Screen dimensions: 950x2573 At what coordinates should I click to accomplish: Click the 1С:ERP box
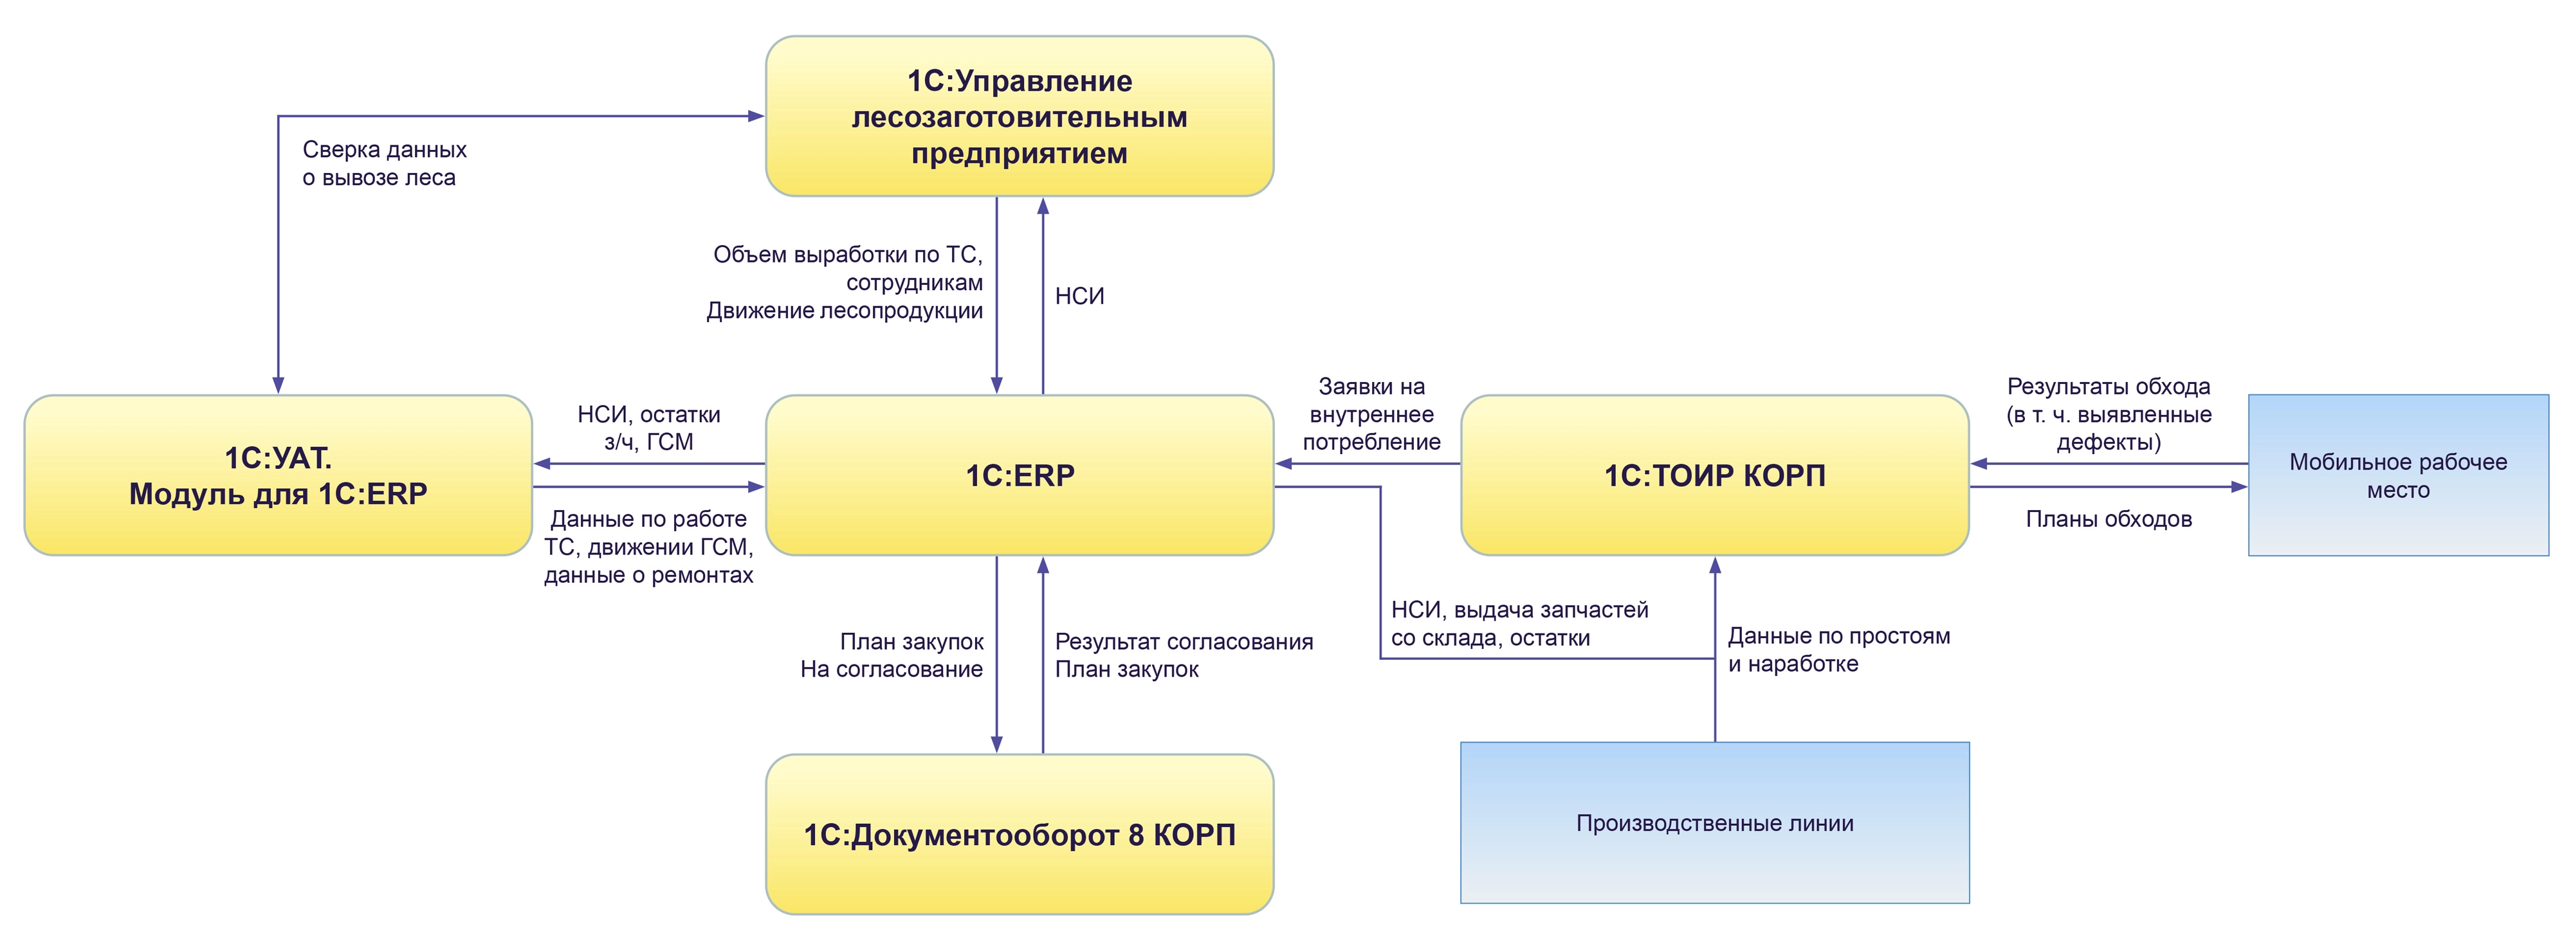pos(1019,475)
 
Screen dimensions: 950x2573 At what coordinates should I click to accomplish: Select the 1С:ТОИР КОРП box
pos(1714,475)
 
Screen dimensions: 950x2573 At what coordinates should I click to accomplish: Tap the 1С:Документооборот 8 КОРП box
pos(1019,834)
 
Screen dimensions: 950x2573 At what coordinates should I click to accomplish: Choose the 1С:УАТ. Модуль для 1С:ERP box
pos(278,475)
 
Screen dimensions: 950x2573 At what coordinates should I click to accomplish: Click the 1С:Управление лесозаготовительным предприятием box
pos(1019,117)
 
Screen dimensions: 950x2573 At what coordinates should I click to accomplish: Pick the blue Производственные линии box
pos(1714,823)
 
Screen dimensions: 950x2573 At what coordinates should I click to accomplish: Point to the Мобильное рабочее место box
pos(2397,475)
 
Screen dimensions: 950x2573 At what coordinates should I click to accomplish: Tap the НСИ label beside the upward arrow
pos(1079,297)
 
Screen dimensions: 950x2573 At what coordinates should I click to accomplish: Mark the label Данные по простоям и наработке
pos(1838,650)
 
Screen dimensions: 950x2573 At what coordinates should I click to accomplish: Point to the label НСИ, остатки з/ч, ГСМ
pos(648,428)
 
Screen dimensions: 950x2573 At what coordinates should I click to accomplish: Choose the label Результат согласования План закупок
pos(1183,655)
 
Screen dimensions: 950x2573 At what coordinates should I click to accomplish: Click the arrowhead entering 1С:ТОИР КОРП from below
pos(1715,565)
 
